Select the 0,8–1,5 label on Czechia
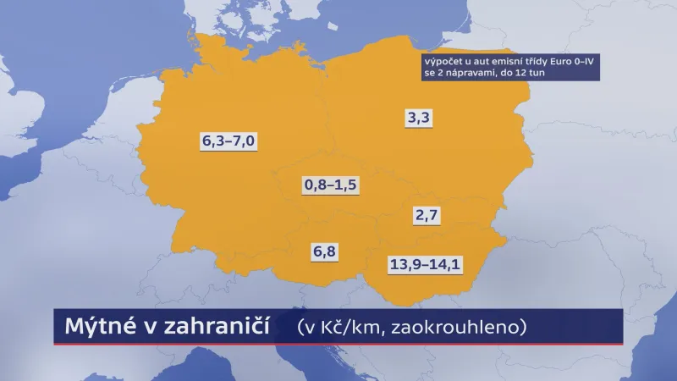[x=331, y=185]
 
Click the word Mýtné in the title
[x=91, y=327]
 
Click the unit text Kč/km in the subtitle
[x=349, y=327]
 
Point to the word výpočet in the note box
[x=445, y=62]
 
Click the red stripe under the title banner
[x=338, y=345]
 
